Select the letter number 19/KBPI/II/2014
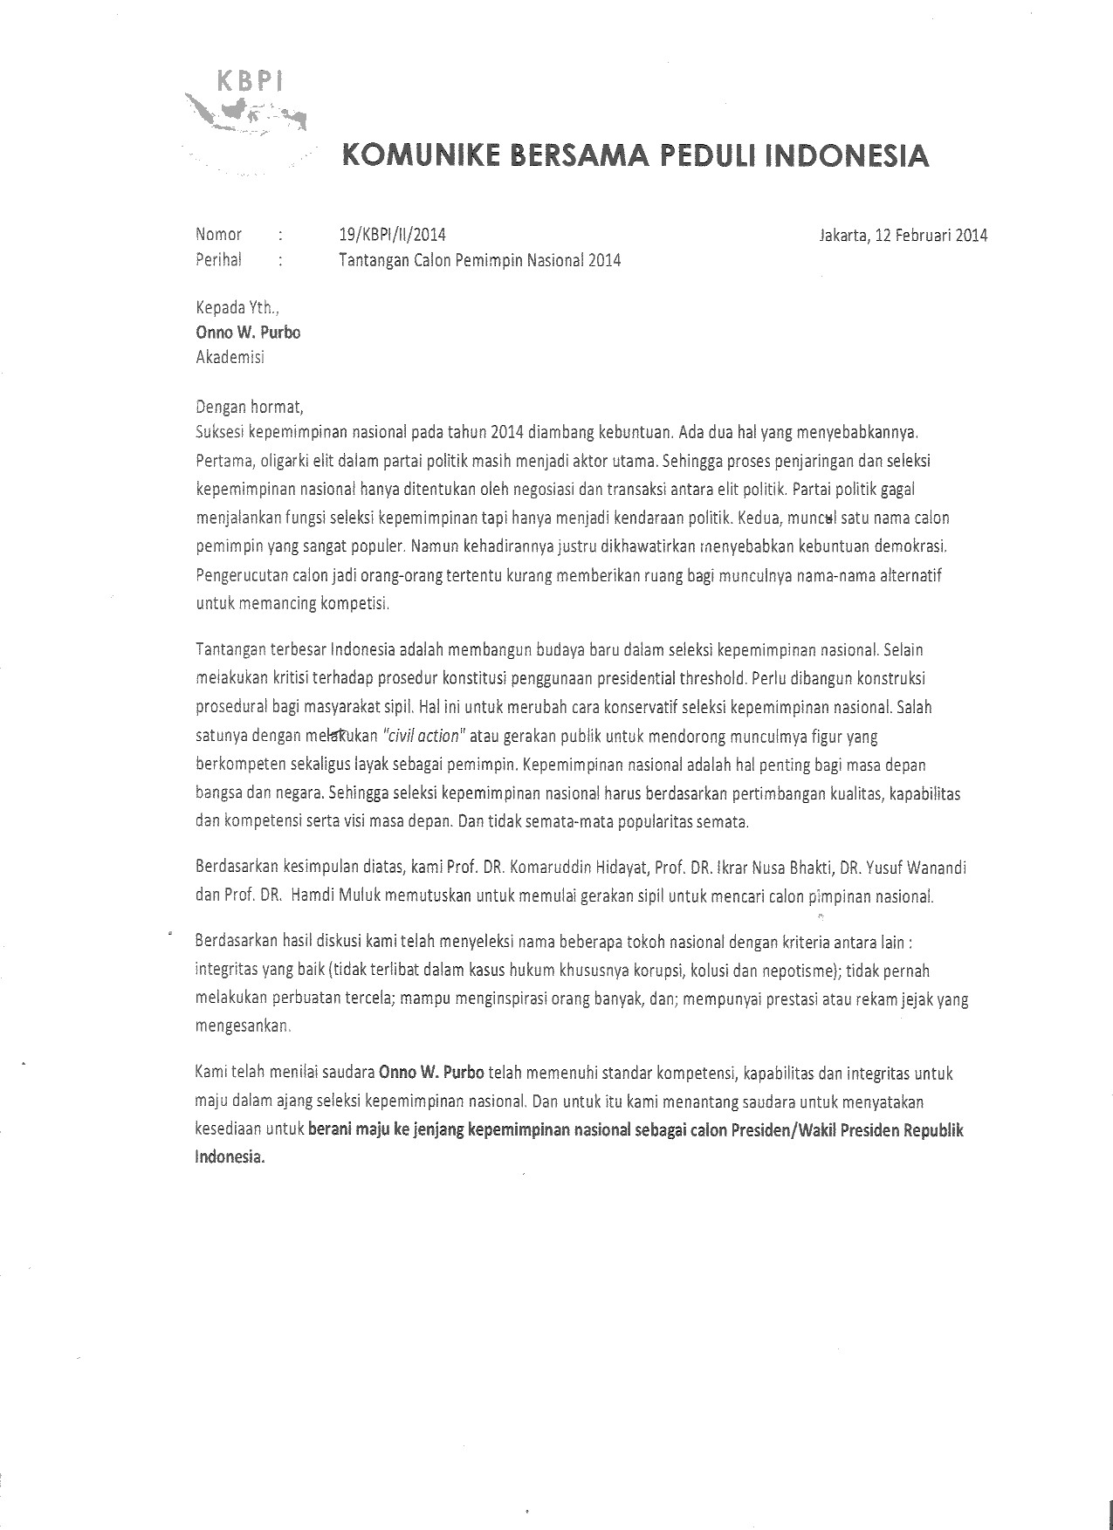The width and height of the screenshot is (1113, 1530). tap(392, 234)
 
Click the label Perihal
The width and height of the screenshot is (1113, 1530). tap(219, 259)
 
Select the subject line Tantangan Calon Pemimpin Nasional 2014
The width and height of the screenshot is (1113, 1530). tap(479, 260)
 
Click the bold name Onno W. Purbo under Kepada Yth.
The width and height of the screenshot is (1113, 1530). tap(248, 332)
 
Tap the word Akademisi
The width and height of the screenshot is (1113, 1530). tap(230, 356)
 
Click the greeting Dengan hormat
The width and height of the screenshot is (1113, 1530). tap(249, 406)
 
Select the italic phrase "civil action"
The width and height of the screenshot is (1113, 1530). tap(427, 735)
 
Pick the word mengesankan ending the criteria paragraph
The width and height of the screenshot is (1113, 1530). tap(242, 1026)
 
